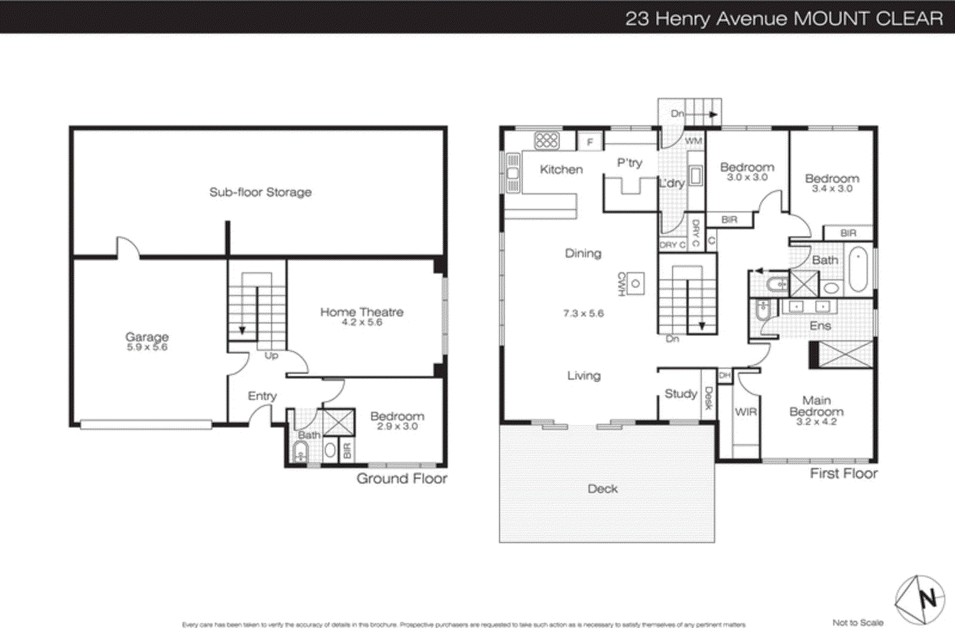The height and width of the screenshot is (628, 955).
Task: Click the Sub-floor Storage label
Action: point(260,192)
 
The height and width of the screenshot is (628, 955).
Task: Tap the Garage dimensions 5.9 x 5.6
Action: point(147,347)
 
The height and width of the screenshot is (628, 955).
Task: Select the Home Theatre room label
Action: point(362,312)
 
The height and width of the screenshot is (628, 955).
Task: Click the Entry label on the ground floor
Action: point(262,396)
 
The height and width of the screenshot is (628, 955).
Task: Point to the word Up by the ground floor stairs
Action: point(271,355)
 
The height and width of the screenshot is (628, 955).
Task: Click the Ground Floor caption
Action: point(402,478)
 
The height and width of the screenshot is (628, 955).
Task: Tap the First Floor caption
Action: point(843,473)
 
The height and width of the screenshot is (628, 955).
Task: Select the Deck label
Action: point(602,488)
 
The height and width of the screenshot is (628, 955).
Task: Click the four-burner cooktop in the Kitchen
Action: point(546,140)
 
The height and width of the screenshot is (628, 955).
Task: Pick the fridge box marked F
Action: point(590,142)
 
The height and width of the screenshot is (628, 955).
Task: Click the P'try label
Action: point(629,162)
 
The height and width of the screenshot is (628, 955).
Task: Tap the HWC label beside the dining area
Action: point(621,284)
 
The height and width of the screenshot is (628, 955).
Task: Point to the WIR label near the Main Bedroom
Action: point(745,412)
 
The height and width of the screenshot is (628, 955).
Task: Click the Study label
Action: point(680,393)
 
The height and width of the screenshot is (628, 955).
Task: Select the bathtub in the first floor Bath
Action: point(858,270)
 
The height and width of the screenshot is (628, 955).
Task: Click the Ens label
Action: point(820,325)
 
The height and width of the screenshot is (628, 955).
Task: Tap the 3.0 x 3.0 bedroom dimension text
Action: point(747,177)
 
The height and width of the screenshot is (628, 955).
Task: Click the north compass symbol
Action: point(920,599)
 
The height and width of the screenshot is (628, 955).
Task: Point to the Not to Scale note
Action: point(858,622)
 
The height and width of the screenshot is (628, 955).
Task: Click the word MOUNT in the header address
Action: point(830,18)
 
